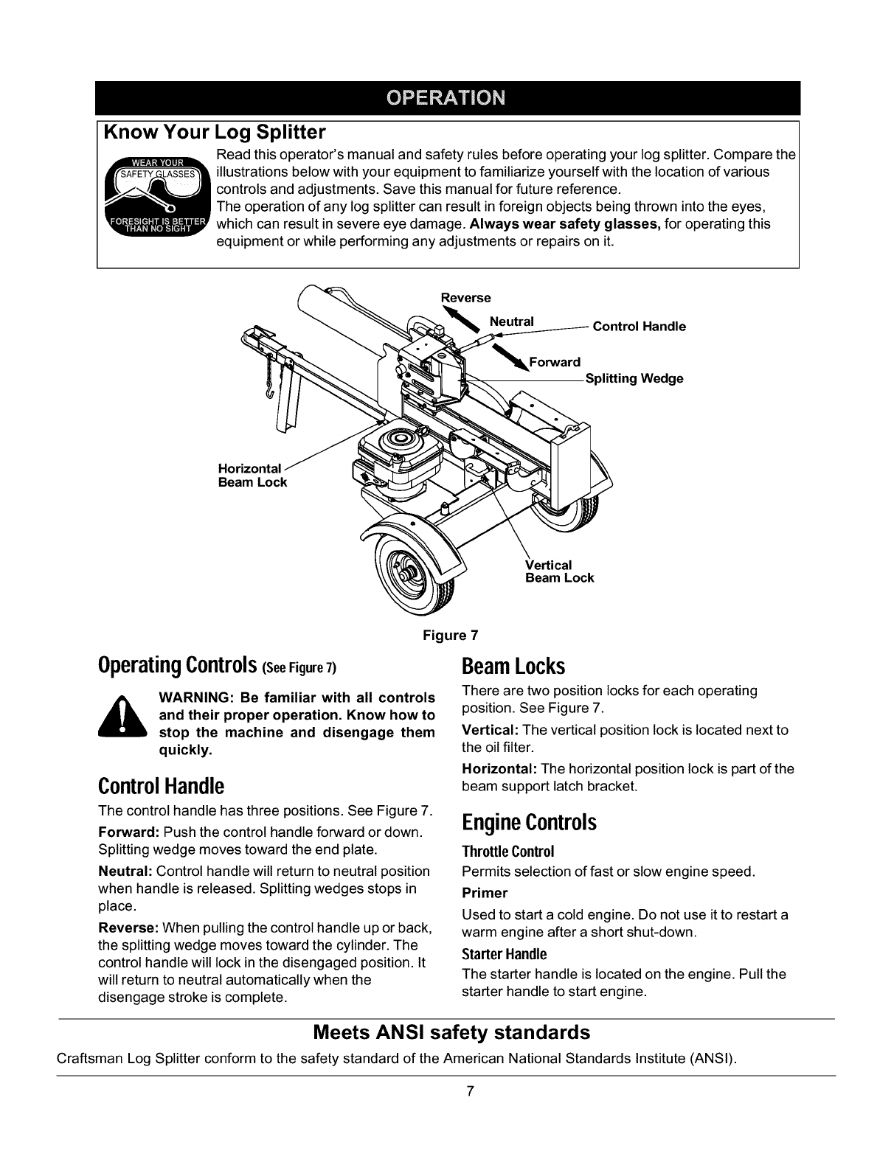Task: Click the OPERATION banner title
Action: click(x=448, y=98)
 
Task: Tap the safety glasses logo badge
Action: click(x=156, y=196)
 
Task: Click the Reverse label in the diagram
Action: click(x=465, y=298)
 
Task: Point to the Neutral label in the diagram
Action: click(x=512, y=321)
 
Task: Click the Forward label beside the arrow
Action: click(x=555, y=362)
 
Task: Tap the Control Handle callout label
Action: click(x=639, y=326)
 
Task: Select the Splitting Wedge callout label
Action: click(x=634, y=378)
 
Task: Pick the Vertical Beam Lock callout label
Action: click(x=559, y=571)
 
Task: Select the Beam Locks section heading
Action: click(x=513, y=667)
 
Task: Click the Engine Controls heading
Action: click(x=529, y=823)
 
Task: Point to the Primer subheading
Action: click(x=485, y=893)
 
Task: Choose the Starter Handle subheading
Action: click(x=505, y=954)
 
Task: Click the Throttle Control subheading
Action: click(x=507, y=852)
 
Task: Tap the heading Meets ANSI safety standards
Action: click(x=451, y=1031)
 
